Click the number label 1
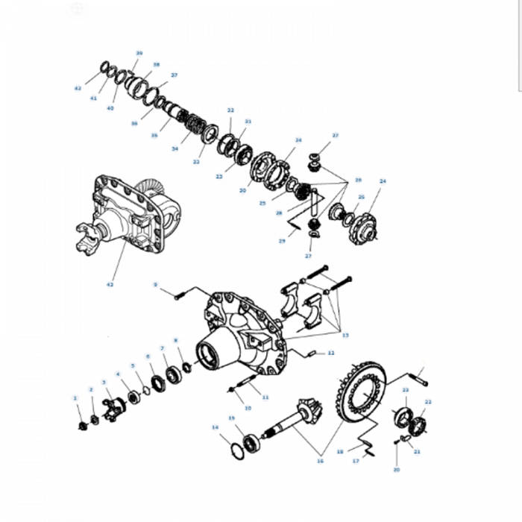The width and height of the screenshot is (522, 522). [75, 398]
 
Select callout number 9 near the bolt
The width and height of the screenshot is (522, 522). [156, 284]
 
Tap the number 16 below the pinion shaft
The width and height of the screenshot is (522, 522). [320, 462]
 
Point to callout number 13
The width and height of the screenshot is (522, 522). [345, 335]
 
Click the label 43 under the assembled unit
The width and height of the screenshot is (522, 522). [110, 284]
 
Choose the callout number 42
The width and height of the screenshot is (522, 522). [78, 88]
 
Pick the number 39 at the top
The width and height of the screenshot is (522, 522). [139, 53]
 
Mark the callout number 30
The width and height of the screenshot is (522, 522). [242, 191]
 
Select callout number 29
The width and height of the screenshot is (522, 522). [282, 241]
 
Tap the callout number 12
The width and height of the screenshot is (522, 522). [331, 353]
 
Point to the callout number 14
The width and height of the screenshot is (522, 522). [215, 428]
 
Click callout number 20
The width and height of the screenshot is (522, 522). [396, 470]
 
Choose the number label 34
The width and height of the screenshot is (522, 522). [175, 148]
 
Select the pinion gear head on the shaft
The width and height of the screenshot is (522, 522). [306, 411]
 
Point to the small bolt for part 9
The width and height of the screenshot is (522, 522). [179, 297]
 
